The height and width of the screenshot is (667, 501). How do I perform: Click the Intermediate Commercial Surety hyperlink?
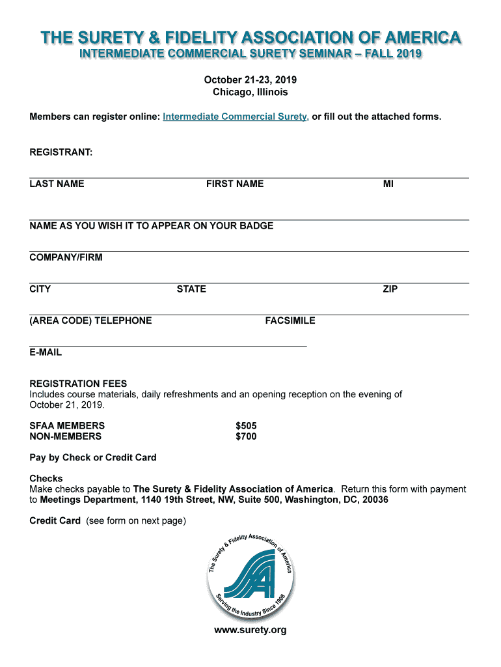click(236, 117)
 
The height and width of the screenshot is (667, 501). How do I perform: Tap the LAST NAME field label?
click(57, 184)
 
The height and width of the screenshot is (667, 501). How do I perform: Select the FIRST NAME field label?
click(235, 184)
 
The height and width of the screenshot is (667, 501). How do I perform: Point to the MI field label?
click(388, 184)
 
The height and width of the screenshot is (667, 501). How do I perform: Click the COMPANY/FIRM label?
click(66, 257)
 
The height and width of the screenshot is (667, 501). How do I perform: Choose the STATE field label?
click(191, 289)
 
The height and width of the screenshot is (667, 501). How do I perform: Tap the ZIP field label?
click(390, 289)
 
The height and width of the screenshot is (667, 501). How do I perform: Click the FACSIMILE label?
click(290, 320)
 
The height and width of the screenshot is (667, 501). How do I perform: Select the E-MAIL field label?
click(46, 352)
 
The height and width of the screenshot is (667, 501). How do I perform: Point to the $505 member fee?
click(246, 426)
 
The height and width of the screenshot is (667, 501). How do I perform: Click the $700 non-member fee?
click(246, 436)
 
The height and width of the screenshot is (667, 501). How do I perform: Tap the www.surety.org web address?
click(251, 630)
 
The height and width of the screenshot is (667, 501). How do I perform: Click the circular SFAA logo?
click(251, 575)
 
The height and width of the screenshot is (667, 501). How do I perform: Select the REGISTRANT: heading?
click(61, 152)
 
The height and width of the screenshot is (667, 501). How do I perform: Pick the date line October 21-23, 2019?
click(251, 79)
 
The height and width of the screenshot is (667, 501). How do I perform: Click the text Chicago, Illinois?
click(251, 92)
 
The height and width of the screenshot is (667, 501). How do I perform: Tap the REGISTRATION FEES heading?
click(78, 384)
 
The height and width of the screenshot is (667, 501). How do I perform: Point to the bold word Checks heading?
click(46, 479)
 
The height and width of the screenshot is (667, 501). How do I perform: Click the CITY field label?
click(40, 289)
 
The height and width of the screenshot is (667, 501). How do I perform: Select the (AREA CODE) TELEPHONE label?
click(90, 320)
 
